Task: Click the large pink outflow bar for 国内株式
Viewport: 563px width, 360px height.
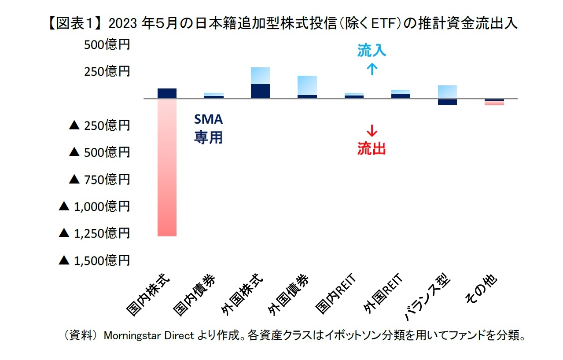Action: (x=167, y=167)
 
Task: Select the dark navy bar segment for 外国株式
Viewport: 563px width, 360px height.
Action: (x=260, y=91)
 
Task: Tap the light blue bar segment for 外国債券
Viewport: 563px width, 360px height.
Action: (x=307, y=85)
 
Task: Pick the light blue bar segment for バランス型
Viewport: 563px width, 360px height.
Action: (x=447, y=92)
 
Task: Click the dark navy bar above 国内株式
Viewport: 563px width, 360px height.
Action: (x=167, y=93)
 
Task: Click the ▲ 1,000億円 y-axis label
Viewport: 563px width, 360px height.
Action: (x=95, y=206)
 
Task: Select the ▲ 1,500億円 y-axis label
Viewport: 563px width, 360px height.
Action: (x=95, y=260)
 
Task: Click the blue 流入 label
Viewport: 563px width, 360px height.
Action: (x=372, y=51)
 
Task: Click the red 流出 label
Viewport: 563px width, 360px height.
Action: (x=372, y=149)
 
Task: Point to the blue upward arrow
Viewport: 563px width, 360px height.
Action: (x=372, y=69)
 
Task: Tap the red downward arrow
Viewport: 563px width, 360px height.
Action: (x=372, y=131)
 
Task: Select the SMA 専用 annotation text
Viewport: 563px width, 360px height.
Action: (x=209, y=129)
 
